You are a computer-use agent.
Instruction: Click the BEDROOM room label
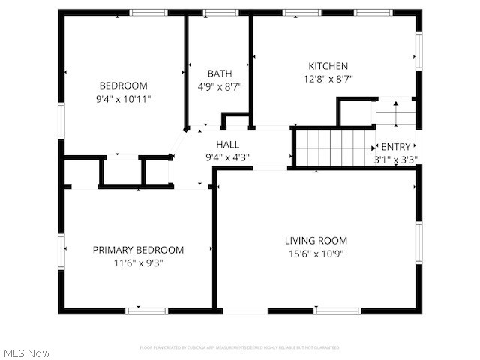123,85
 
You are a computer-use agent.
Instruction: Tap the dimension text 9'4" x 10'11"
123,98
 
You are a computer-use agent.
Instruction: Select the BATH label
220,73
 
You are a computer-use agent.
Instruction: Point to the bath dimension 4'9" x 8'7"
220,86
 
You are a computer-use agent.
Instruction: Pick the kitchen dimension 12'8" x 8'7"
328,79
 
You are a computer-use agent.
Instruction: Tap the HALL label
228,144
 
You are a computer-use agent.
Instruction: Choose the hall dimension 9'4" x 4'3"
227,157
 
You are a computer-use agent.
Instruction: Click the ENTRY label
396,147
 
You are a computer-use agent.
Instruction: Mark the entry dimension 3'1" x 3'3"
396,159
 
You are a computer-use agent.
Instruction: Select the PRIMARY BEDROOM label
138,250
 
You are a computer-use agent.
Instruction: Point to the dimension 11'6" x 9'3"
138,263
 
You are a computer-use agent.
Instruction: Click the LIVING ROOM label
316,241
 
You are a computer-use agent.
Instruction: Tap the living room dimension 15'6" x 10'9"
316,253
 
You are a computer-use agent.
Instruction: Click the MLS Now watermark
26,352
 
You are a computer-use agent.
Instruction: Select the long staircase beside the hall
333,148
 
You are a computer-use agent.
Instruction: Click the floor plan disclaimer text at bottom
239,347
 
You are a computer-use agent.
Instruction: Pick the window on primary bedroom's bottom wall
146,310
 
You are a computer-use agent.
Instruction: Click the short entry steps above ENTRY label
394,113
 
